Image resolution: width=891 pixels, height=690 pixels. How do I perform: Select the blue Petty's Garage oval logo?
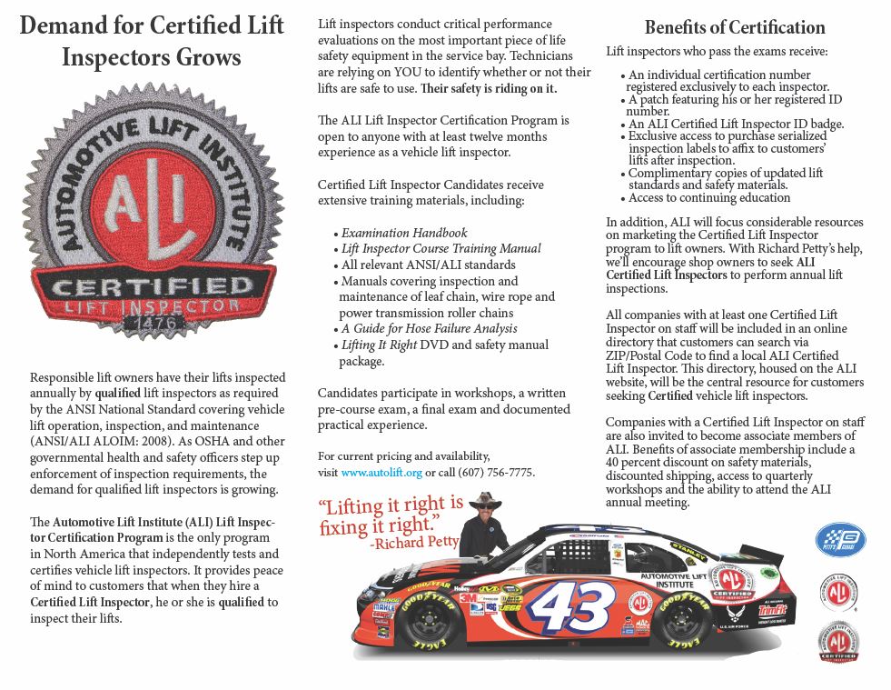pos(840,538)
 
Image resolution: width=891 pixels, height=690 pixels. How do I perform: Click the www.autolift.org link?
pos(381,473)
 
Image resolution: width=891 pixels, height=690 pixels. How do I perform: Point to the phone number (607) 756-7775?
pos(493,473)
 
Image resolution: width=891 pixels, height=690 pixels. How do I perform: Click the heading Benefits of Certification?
pos(735,27)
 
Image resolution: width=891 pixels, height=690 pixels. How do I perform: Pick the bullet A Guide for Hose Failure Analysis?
pos(429,328)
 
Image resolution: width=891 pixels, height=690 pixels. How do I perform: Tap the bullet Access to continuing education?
pos(709,197)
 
